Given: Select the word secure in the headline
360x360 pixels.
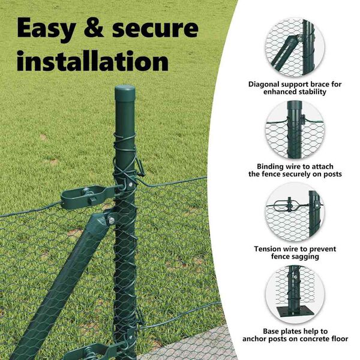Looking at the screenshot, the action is coord(155,28).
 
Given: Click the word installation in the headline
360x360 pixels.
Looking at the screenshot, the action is coord(93,61).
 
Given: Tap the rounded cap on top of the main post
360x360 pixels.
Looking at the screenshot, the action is coord(125,91).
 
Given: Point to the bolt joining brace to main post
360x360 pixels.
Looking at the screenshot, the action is coord(112,220).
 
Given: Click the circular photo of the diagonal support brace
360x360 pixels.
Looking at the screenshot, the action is coord(295,48).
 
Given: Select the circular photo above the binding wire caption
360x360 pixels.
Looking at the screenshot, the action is coord(295,130).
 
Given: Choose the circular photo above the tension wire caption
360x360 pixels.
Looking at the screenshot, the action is coord(295,212).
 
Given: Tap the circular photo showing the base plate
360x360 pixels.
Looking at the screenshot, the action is coord(295,295).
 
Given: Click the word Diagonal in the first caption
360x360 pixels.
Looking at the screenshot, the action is coord(264,85).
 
